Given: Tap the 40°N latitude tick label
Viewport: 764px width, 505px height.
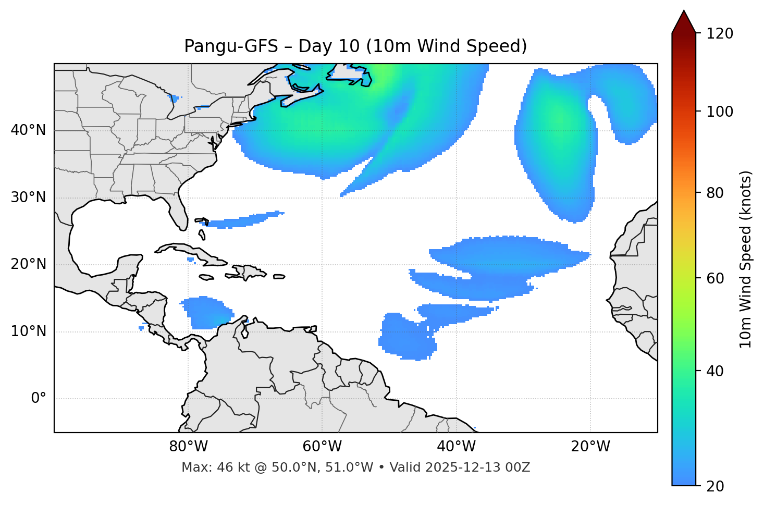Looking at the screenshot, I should [x=28, y=130].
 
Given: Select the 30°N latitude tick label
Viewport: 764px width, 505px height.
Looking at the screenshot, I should [x=28, y=198].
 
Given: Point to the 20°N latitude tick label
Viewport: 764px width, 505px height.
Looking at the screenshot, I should [x=28, y=264].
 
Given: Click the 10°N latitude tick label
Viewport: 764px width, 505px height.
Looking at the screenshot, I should [x=28, y=331].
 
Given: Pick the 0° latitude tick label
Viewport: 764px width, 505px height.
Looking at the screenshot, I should [x=39, y=399].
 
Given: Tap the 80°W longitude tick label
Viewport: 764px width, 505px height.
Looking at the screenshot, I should [x=188, y=447].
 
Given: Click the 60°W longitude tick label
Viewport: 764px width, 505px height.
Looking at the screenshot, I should [x=322, y=447].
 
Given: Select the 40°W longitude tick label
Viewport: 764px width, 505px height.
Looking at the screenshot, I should [x=456, y=447].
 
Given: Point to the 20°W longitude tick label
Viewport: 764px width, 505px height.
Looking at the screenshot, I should [x=590, y=447].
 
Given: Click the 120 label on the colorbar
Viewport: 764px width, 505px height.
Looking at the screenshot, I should [x=719, y=34].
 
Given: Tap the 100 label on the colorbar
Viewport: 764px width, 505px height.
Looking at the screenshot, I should [x=719, y=112].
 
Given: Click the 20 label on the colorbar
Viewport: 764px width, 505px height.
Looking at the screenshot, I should [x=715, y=486].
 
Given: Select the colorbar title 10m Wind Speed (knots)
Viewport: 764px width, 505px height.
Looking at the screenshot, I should [x=746, y=259].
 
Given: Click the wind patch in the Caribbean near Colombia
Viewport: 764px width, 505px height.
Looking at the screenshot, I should [x=206, y=313].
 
